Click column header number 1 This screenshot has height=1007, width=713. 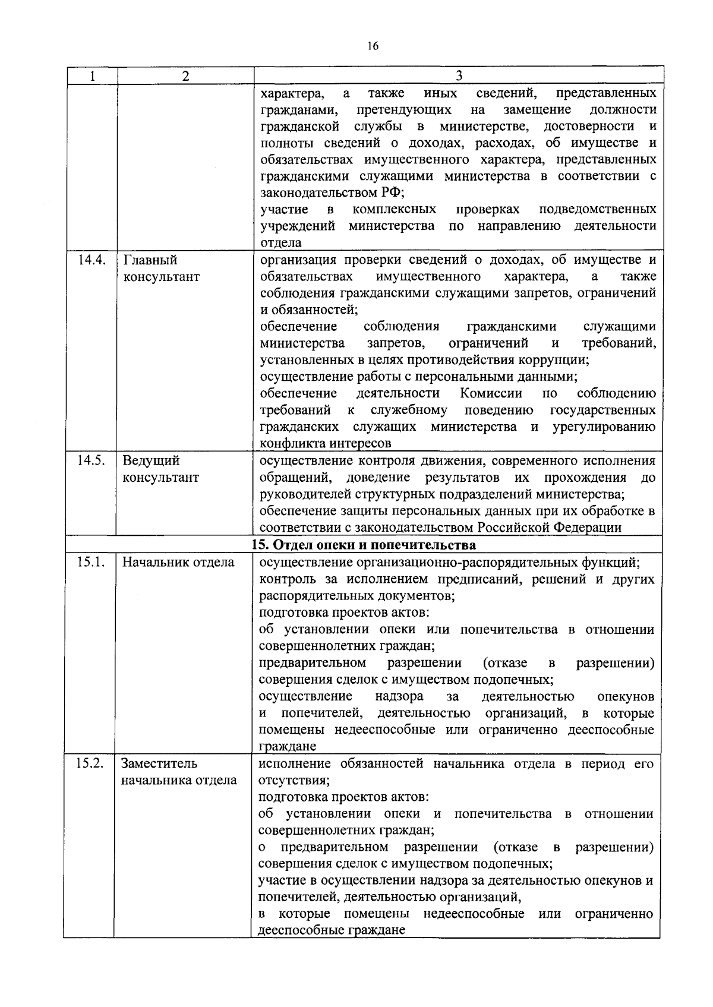click(92, 76)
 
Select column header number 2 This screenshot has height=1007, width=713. click(186, 76)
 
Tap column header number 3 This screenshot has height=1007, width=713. click(459, 76)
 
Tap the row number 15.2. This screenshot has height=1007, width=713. click(90, 763)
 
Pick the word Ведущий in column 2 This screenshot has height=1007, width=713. click(152, 461)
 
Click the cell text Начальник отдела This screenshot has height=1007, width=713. click(178, 562)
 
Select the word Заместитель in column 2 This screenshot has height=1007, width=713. click(160, 763)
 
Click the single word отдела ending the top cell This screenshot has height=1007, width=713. click(281, 242)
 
